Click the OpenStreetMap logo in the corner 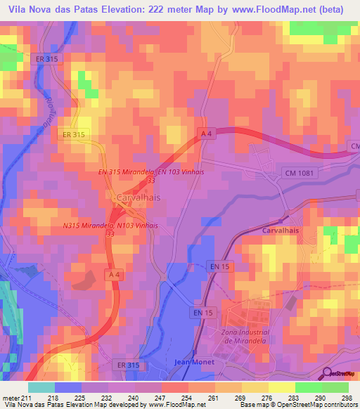click(x=338, y=372)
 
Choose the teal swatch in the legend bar click(x=41, y=387)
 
